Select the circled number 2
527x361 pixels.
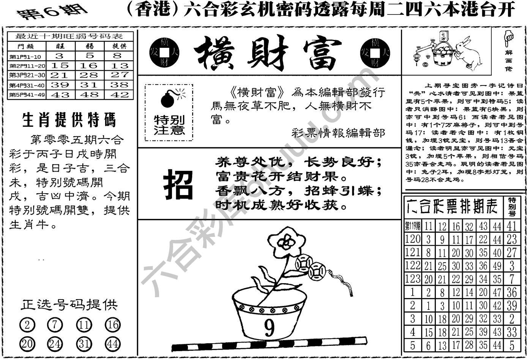(27, 325)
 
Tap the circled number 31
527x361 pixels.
(84, 344)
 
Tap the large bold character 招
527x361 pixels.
(178, 185)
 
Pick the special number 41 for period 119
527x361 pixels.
(511, 226)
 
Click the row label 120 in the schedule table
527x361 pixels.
(413, 239)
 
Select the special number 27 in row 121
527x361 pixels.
(511, 252)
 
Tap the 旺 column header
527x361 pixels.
(60, 46)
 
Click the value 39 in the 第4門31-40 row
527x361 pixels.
(60, 85)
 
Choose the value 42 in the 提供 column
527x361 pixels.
(119, 94)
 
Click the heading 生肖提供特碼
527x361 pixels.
(69, 120)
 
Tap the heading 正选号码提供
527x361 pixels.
(69, 304)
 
